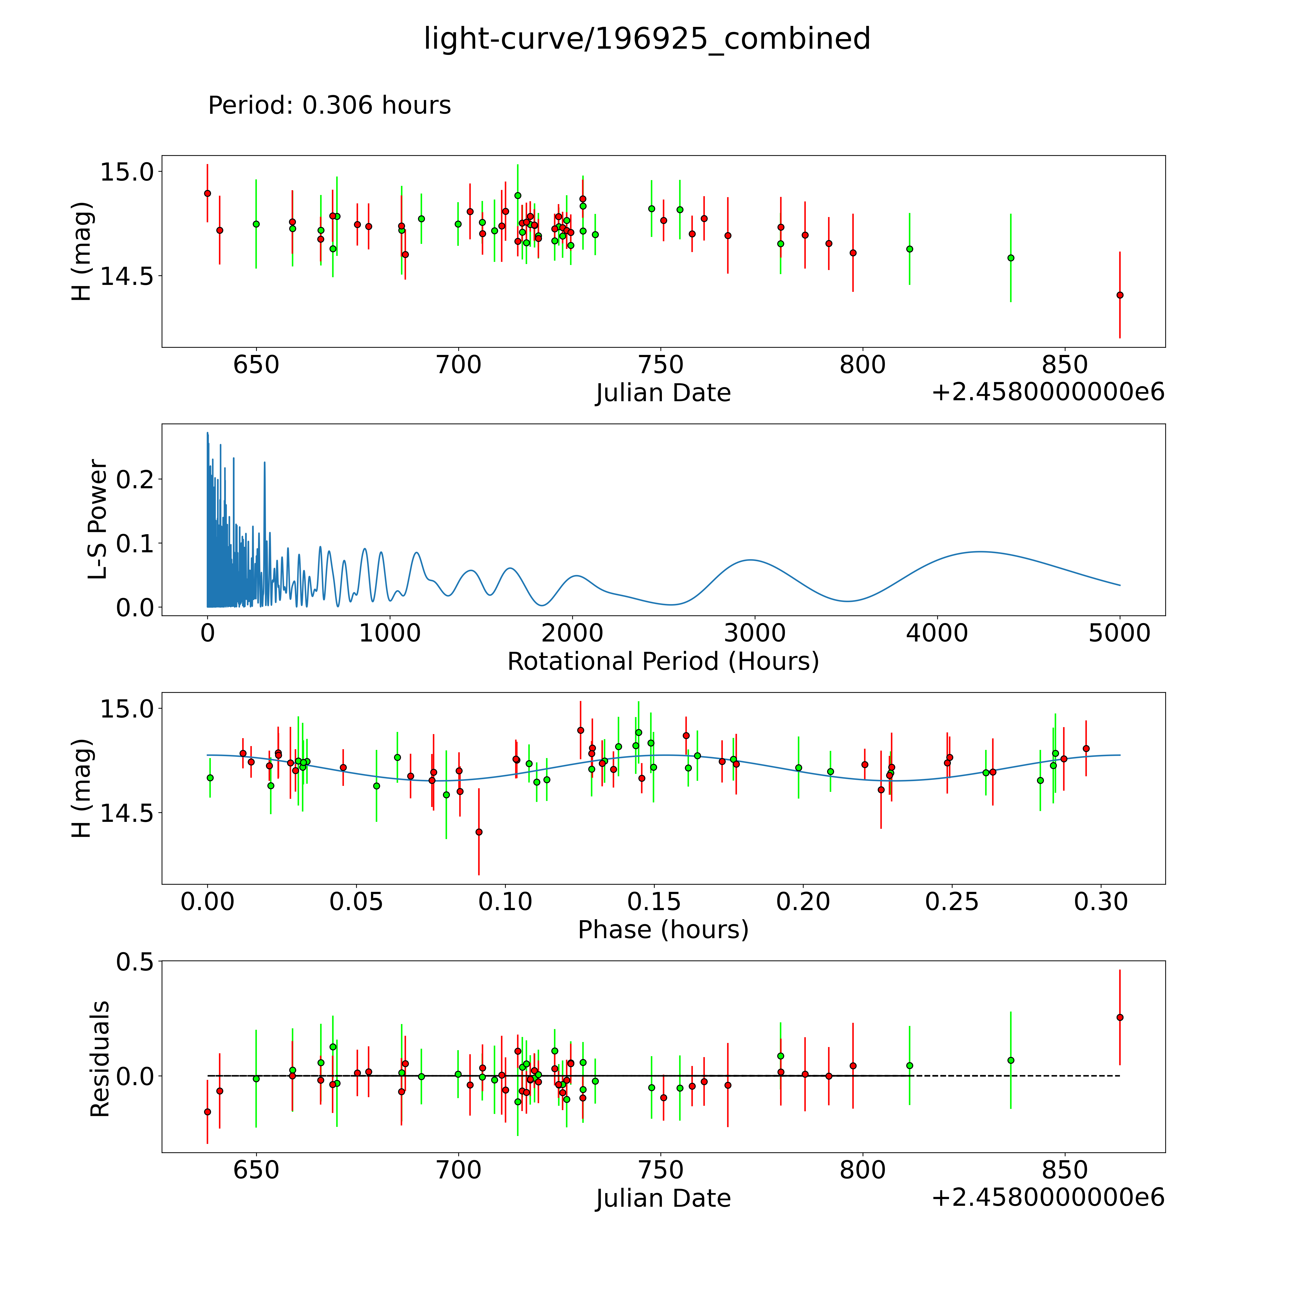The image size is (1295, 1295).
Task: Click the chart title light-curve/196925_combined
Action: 647,39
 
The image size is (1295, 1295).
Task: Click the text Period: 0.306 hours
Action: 329,105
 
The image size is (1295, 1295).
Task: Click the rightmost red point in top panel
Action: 1119,295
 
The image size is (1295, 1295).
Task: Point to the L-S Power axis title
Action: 98,519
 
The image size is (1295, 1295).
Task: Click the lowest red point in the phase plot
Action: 479,832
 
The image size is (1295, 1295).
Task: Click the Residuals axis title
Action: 99,1059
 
